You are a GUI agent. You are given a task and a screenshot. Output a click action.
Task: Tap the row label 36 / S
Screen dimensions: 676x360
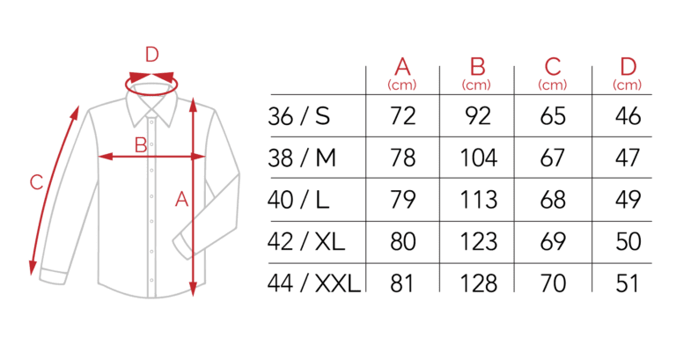[x=298, y=116]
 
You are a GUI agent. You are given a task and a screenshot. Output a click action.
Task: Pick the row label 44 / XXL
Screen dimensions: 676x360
[x=314, y=283]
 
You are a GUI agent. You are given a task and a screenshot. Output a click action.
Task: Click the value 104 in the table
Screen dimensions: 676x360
[x=479, y=158]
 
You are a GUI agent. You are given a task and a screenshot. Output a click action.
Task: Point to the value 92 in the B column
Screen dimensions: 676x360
[x=478, y=116]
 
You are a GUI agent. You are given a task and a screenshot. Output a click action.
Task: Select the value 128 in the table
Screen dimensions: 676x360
[x=479, y=283]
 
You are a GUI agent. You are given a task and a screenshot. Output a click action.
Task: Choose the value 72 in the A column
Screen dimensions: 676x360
[x=402, y=116]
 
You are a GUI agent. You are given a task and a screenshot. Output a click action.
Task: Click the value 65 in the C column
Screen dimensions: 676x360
[x=553, y=116]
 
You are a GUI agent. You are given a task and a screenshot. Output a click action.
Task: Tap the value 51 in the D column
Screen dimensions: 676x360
[x=628, y=283]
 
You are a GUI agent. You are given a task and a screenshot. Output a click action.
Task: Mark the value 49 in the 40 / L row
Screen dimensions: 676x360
[x=628, y=199]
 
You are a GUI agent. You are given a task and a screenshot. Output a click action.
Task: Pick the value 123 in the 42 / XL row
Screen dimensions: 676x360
[x=479, y=241]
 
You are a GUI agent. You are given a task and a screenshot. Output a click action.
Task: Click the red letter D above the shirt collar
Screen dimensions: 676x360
[x=151, y=55]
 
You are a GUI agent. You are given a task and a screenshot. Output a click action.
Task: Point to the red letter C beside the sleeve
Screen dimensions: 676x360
[x=37, y=182]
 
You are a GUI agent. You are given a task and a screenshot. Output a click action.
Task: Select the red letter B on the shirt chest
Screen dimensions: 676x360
[x=141, y=145]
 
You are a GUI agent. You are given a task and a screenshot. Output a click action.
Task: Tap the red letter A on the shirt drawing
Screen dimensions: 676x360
[x=182, y=200]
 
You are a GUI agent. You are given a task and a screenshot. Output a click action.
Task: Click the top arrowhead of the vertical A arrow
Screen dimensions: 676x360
[x=193, y=105]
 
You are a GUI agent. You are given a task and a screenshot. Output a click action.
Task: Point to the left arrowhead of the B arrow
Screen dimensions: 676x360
[x=106, y=157]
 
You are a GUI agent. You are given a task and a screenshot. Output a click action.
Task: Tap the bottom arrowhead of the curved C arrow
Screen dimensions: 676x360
[x=33, y=268]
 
